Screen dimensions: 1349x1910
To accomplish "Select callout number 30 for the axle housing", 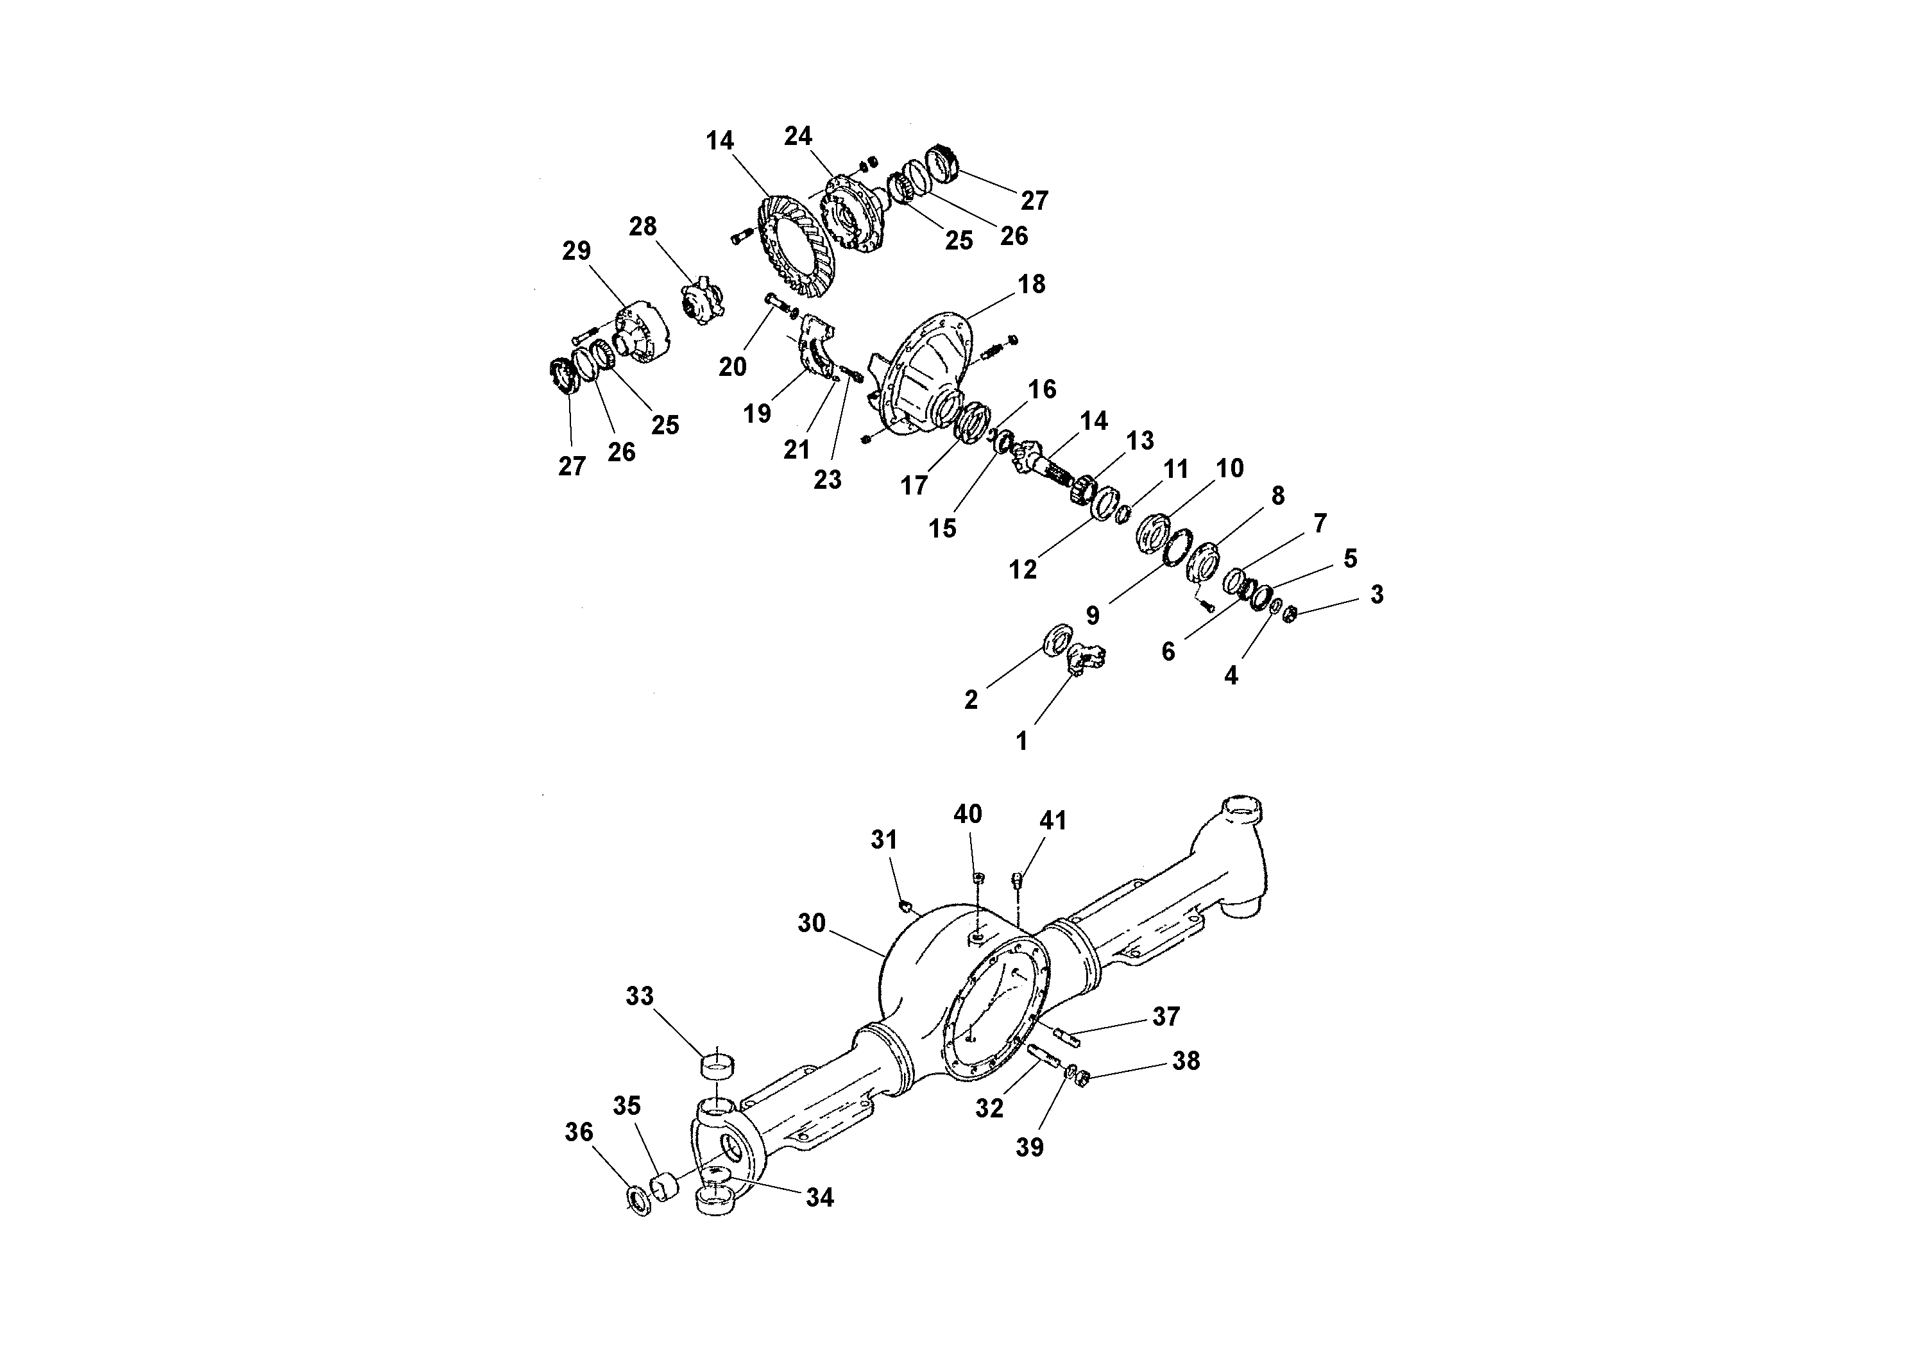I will click(x=811, y=922).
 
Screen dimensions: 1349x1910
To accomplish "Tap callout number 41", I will click(x=1052, y=821).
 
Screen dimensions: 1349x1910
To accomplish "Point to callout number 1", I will click(x=1021, y=740).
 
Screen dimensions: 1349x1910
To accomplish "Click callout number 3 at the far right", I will click(x=1377, y=595).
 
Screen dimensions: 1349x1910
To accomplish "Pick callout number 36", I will click(x=579, y=1132).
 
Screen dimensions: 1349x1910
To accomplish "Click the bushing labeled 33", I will click(x=716, y=1065).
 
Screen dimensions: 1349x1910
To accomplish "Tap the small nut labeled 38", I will click(x=1082, y=1080).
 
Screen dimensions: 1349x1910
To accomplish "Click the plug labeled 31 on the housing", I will click(x=906, y=906).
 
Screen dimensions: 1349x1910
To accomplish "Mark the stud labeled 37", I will click(x=1066, y=1036).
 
